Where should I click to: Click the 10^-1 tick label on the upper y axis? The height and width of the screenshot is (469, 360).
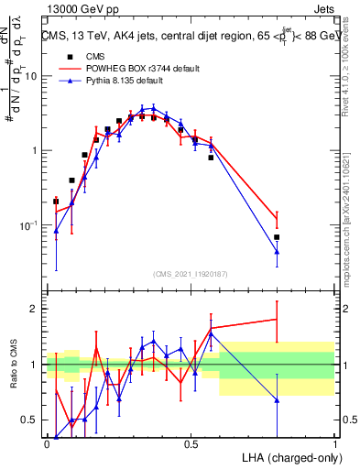28,225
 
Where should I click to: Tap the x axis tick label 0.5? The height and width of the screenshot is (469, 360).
191,445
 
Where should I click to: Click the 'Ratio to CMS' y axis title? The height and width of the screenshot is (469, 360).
12,365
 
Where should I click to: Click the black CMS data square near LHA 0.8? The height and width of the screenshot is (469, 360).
277,237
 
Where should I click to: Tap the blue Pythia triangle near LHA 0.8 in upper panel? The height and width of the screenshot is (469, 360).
277,251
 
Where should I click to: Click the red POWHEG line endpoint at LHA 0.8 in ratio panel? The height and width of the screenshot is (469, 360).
277,319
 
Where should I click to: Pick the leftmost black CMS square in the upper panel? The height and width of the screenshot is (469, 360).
56,201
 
